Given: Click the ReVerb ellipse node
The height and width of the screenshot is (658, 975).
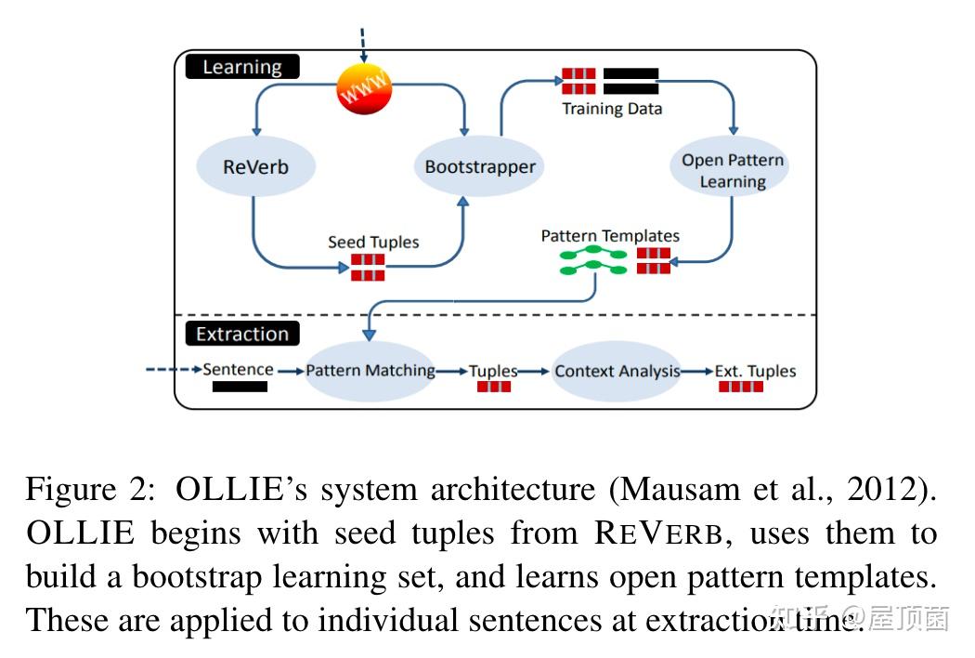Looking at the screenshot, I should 255,167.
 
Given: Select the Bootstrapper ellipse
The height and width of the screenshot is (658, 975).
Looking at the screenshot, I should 479,167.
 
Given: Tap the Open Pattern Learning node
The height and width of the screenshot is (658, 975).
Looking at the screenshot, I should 732,171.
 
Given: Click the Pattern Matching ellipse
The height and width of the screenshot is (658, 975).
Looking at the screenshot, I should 370,370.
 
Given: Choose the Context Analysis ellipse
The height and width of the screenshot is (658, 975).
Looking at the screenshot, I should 617,371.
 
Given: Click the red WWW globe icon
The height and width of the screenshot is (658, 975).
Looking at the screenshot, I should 364,91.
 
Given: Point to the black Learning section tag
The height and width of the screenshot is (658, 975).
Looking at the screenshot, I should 242,67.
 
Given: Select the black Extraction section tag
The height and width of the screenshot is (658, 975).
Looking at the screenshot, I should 242,334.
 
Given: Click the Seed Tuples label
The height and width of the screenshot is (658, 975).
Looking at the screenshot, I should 372,243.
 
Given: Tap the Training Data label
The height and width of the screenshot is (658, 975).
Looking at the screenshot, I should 612,109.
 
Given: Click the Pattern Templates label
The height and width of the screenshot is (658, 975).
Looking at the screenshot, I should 610,236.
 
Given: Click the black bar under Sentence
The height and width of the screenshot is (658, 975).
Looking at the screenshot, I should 240,386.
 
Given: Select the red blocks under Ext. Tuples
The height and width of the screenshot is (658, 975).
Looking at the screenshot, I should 741,386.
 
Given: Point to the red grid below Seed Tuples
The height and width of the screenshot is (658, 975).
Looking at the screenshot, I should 368,268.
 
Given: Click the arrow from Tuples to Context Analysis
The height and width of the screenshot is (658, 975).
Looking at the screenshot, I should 534,371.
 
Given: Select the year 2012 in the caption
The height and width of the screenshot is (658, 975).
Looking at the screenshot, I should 888,490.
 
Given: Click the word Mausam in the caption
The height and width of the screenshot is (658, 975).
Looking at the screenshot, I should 669,490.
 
